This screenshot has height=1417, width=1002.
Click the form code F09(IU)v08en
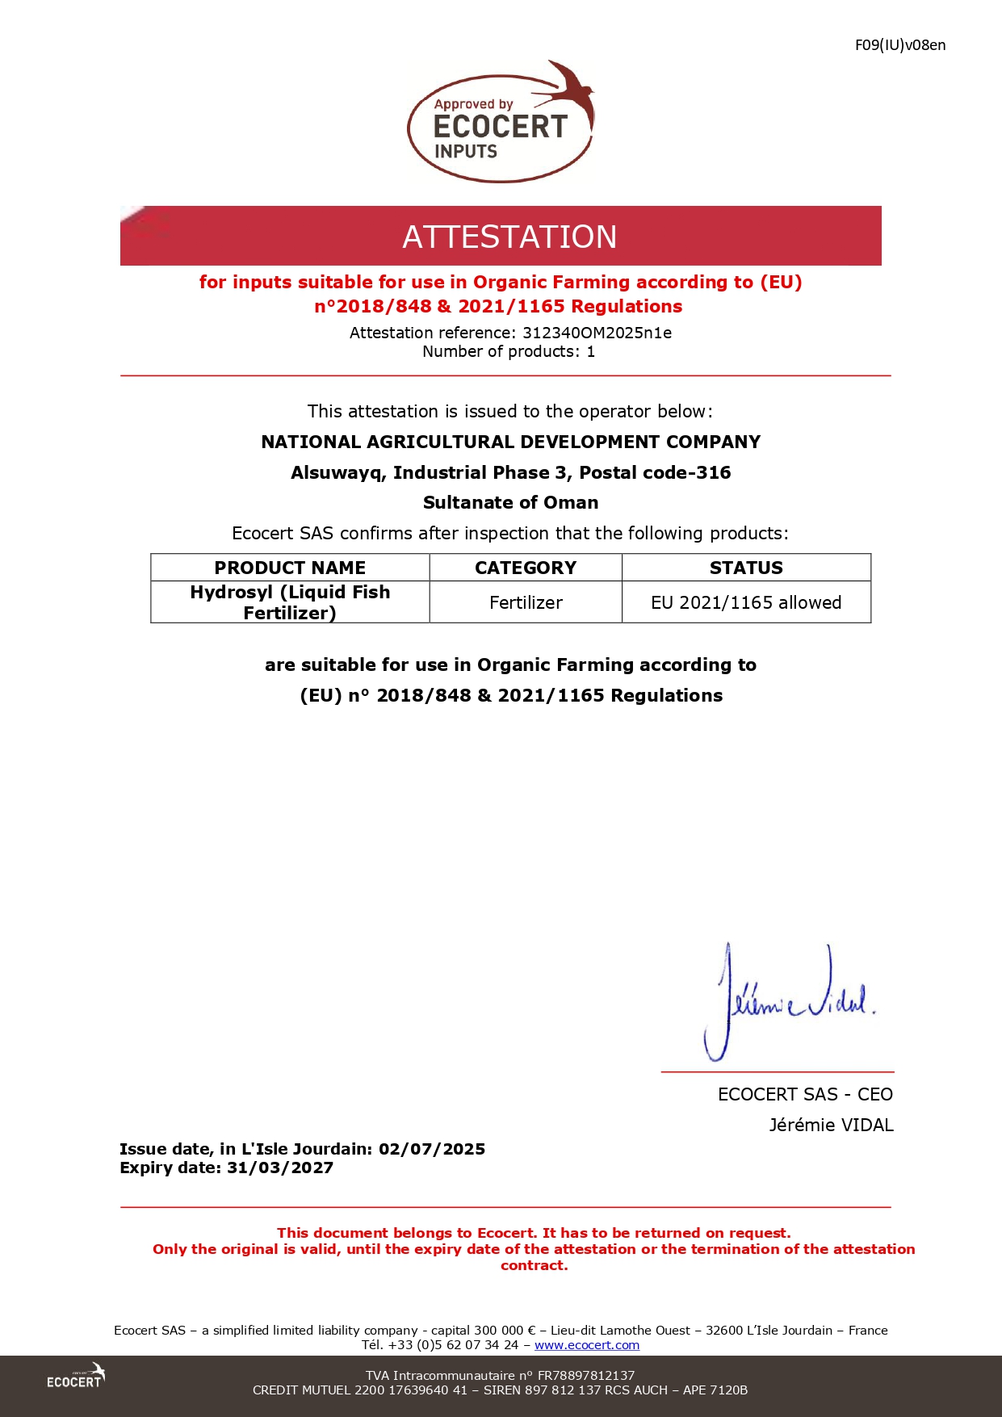(x=899, y=45)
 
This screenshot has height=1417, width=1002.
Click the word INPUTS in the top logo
(x=466, y=151)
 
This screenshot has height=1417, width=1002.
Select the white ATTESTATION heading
(x=509, y=237)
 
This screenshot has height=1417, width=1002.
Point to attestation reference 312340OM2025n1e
(x=597, y=333)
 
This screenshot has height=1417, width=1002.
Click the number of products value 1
(x=591, y=352)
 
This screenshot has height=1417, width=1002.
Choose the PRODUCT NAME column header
(x=290, y=568)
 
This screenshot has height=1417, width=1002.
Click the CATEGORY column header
(x=526, y=568)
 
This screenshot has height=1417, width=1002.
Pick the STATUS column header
(x=746, y=568)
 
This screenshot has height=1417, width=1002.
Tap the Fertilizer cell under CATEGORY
(x=526, y=602)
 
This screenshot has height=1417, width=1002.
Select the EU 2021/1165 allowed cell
(x=746, y=602)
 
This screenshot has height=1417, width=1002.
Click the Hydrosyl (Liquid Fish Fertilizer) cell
(x=290, y=602)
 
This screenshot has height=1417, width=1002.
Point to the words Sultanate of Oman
(x=511, y=502)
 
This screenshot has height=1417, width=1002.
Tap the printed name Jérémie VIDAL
(x=831, y=1125)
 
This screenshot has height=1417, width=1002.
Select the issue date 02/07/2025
(x=432, y=1149)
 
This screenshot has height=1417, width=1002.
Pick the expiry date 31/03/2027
(x=280, y=1168)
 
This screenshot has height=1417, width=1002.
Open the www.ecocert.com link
(x=587, y=1345)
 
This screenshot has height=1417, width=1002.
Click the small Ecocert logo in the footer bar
(x=76, y=1376)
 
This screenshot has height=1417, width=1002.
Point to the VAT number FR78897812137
(x=586, y=1376)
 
